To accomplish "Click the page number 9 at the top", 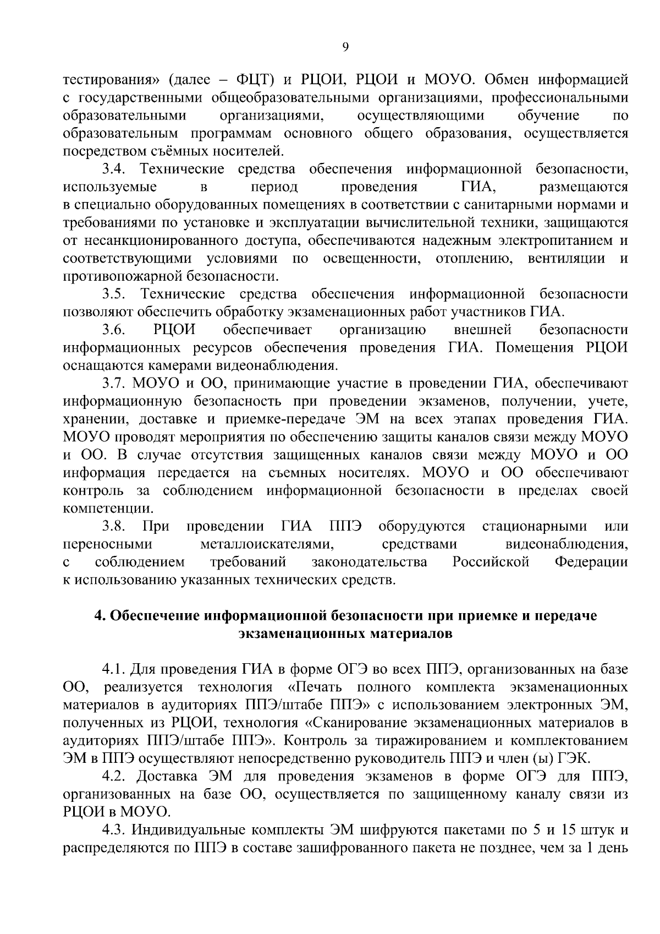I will [345, 48].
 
